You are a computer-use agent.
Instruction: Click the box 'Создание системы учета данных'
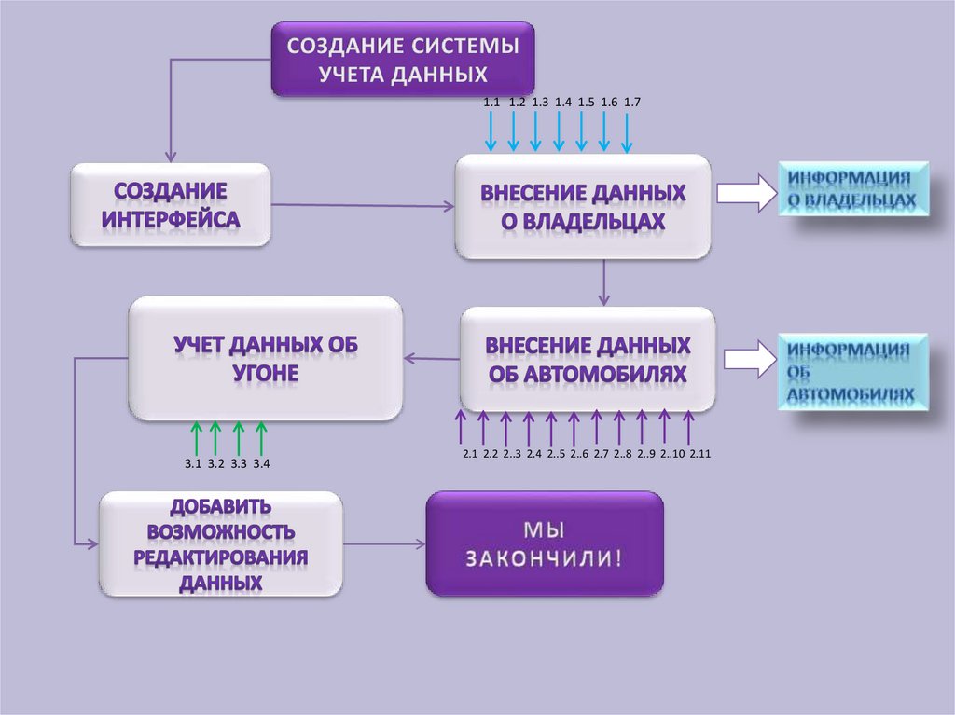[x=403, y=60]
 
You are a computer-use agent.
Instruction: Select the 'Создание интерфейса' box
[x=171, y=205]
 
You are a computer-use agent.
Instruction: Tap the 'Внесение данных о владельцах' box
[x=583, y=206]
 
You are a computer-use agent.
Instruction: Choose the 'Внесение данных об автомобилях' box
[x=588, y=359]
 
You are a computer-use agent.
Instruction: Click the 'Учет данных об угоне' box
[x=266, y=358]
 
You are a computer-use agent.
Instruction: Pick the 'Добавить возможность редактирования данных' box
[x=221, y=544]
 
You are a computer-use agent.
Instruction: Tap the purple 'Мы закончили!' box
[x=545, y=543]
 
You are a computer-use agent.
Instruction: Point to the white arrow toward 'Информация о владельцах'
[x=745, y=193]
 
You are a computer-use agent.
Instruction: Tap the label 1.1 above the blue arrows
[x=491, y=102]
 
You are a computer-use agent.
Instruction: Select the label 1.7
[x=631, y=102]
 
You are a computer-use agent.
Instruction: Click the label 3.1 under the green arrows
[x=193, y=463]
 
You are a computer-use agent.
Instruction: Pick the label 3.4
[x=261, y=463]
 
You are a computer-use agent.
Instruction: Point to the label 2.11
[x=700, y=454]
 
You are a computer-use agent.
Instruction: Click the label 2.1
[x=469, y=454]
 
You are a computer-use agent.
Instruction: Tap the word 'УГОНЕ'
[x=266, y=373]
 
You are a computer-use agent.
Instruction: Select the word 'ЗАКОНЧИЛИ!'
[x=545, y=559]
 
